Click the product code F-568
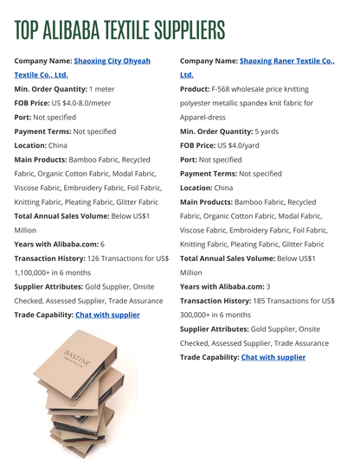pos(222,89)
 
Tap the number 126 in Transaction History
pos(95,258)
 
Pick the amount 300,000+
pos(200,314)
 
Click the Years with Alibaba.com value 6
pos(102,244)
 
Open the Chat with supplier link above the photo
pos(107,314)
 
